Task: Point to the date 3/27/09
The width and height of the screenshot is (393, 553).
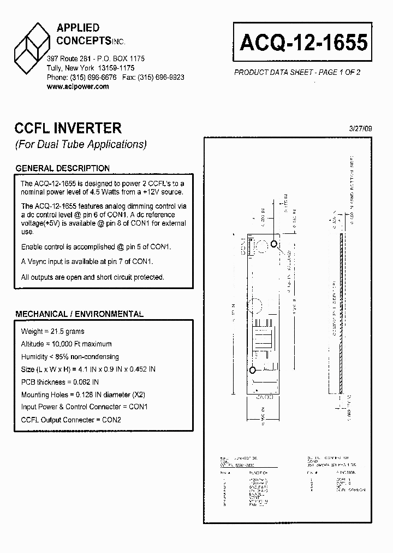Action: click(x=360, y=128)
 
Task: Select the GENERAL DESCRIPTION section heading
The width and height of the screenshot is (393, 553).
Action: click(x=62, y=168)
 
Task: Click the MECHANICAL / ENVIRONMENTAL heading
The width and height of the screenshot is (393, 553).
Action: click(x=79, y=314)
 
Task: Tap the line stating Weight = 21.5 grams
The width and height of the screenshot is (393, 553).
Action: click(x=52, y=332)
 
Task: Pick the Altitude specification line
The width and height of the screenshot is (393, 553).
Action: click(x=66, y=344)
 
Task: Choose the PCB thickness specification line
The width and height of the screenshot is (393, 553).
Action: click(x=60, y=382)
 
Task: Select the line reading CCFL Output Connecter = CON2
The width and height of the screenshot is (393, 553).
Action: click(x=71, y=420)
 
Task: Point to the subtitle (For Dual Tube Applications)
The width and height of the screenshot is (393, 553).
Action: click(x=80, y=145)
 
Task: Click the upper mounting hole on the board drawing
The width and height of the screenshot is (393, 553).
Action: click(x=275, y=245)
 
